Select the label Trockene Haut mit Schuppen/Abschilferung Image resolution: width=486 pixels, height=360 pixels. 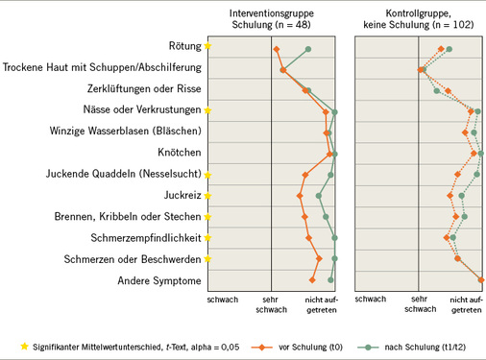(102, 67)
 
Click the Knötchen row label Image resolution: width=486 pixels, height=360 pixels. (179, 153)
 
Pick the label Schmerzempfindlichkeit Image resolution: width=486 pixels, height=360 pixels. (146, 238)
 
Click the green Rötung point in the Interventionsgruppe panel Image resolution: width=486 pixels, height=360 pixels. (307, 48)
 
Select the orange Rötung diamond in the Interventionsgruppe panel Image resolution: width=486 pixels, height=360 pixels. (277, 49)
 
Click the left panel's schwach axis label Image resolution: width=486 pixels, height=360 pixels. (223, 300)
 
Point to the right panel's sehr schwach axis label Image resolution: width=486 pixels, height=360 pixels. (420, 305)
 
